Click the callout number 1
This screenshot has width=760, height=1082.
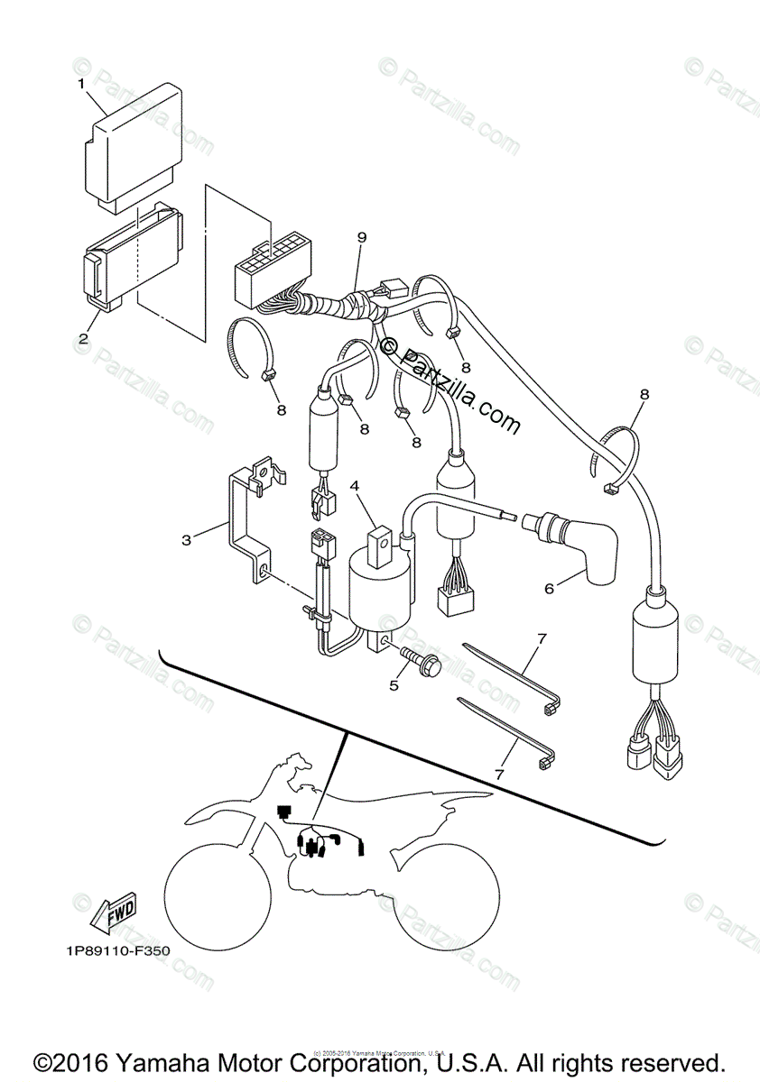[81, 84]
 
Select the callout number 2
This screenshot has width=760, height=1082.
[83, 339]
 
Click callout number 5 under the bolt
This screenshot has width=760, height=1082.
[394, 685]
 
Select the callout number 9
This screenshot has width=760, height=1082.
[362, 237]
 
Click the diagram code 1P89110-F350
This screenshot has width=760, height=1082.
[116, 949]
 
